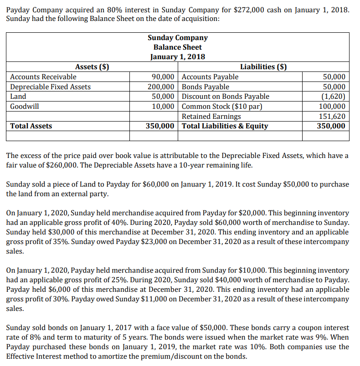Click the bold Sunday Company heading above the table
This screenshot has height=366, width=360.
[x=178, y=38]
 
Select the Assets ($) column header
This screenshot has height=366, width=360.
[x=92, y=67]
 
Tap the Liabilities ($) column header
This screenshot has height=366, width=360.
[x=263, y=67]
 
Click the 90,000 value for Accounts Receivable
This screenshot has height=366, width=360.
[x=163, y=77]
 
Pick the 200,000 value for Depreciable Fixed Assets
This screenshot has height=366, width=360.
[x=161, y=86]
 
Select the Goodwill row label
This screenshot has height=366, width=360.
[x=25, y=106]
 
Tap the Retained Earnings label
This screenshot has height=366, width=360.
[x=211, y=116]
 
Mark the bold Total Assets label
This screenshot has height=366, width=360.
[x=31, y=126]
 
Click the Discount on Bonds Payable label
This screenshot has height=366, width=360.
[x=226, y=97]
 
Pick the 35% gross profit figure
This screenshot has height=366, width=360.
[x=50, y=241]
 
